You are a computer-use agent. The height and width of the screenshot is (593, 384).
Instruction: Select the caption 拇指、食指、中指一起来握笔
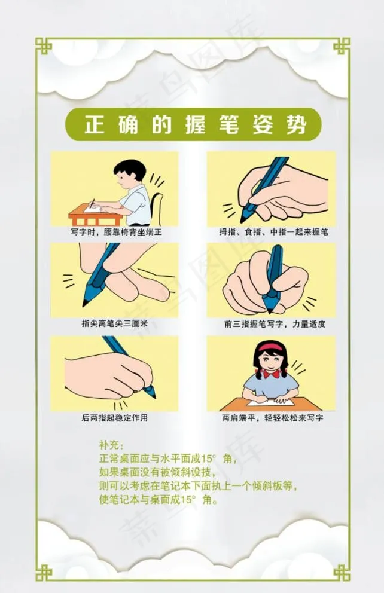coord(271,231)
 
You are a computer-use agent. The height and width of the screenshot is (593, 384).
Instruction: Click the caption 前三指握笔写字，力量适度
coord(271,323)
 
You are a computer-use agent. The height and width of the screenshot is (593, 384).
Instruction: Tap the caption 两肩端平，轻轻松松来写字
coord(271,418)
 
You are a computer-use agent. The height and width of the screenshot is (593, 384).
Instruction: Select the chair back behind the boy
coord(157,203)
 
